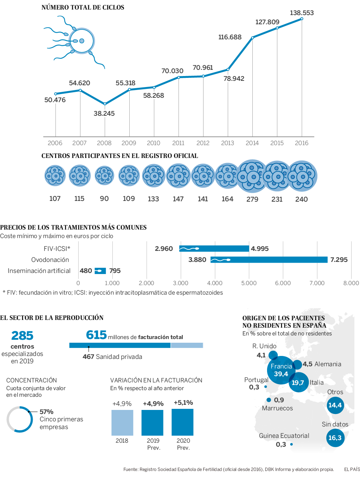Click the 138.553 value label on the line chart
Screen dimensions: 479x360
pyautogui.click(x=302, y=13)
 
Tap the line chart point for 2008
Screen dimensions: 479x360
pyautogui.click(x=105, y=104)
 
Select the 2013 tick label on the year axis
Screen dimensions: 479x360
pyautogui.click(x=227, y=143)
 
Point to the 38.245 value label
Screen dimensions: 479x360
pyautogui.click(x=104, y=114)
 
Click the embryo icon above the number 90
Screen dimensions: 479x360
pyautogui.click(x=104, y=176)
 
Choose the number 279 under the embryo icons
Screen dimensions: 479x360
pyautogui.click(x=252, y=199)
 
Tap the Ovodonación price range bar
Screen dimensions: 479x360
pyautogui.click(x=269, y=260)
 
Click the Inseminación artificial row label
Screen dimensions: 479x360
pyautogui.click(x=39, y=271)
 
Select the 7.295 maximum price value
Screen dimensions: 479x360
pyautogui.click(x=339, y=260)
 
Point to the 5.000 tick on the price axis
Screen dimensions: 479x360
pyautogui.click(x=249, y=283)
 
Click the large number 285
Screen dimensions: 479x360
pyautogui.click(x=22, y=335)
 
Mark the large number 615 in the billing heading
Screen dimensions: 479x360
pyautogui.click(x=96, y=335)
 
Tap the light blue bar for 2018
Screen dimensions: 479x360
pyautogui.click(x=122, y=422)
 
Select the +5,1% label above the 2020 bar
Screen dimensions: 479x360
pyautogui.click(x=183, y=403)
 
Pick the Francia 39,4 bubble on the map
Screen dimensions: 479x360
pyautogui.click(x=281, y=370)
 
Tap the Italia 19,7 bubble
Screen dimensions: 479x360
pyautogui.click(x=298, y=382)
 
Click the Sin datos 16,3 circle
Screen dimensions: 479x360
pyautogui.click(x=335, y=437)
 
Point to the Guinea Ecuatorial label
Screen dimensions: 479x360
pyautogui.click(x=284, y=436)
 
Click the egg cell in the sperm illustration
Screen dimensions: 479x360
pyautogui.click(x=82, y=41)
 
